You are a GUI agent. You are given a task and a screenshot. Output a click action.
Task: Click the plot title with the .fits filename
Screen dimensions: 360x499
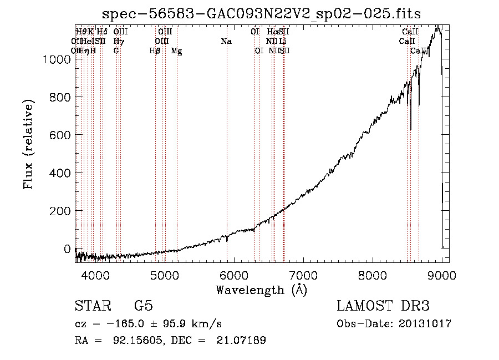click(262, 13)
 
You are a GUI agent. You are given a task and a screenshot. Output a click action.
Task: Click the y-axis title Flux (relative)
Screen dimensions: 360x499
click(28, 144)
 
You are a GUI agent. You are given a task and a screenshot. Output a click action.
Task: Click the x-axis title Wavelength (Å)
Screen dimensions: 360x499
click(262, 290)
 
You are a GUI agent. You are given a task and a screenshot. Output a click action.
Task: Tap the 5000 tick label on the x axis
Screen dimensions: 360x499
click(164, 275)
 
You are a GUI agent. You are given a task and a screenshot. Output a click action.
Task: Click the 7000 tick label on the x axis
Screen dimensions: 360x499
click(303, 275)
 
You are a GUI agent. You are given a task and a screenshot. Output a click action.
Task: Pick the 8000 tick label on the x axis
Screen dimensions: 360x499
click(373, 275)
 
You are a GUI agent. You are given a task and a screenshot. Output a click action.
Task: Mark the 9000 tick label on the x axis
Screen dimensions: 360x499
click(442, 275)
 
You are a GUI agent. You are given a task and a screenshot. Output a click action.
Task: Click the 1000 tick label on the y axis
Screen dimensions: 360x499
click(58, 59)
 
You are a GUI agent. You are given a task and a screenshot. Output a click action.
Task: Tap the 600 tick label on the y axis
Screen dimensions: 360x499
click(61, 135)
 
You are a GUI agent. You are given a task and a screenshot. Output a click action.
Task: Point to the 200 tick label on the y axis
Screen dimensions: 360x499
click(61, 211)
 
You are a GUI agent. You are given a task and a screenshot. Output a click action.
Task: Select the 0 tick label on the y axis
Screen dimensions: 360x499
click(69, 249)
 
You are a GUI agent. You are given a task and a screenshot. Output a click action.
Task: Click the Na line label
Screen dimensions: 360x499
click(226, 41)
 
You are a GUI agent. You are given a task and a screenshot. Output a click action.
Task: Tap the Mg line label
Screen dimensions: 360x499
click(176, 51)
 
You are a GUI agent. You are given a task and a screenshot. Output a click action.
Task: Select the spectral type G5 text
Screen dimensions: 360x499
click(142, 306)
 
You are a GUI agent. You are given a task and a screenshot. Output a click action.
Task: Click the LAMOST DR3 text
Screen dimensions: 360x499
click(383, 306)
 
